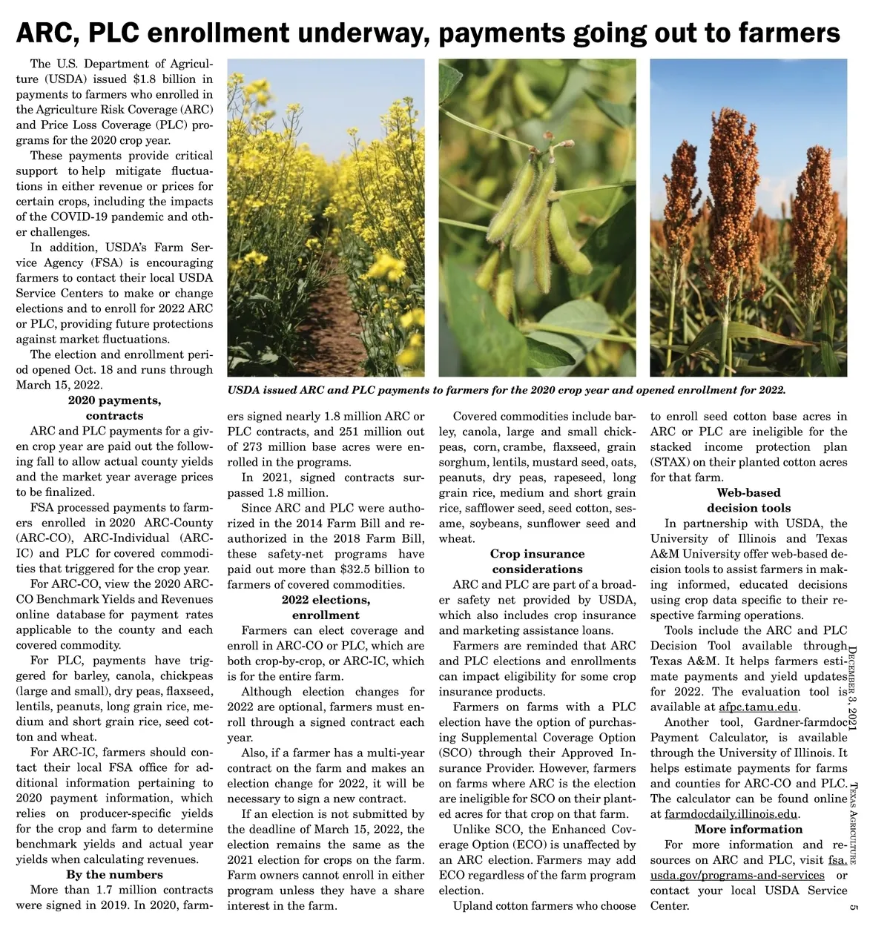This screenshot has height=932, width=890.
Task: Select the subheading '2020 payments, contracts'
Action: [114, 408]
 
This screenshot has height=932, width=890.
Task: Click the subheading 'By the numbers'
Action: [114, 874]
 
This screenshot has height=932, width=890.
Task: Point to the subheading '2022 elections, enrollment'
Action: [326, 607]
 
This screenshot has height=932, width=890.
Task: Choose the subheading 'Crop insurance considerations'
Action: [537, 561]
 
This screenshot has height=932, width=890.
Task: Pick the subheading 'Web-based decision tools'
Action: [748, 500]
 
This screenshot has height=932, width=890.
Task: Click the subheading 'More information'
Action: [748, 829]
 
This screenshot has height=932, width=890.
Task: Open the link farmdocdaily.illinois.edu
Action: [731, 814]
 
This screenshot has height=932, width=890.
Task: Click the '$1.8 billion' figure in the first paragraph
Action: [174, 79]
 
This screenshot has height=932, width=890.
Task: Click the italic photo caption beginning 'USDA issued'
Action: [506, 390]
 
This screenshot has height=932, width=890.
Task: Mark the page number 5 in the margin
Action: [854, 907]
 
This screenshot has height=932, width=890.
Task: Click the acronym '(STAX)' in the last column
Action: [669, 463]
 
